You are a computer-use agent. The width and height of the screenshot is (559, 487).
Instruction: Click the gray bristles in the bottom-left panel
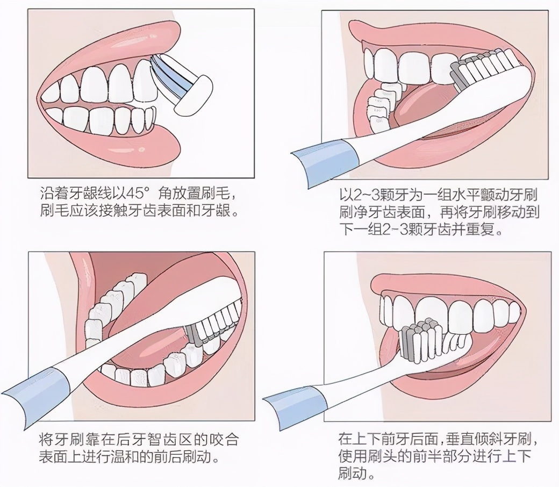pyautogui.click(x=193, y=334)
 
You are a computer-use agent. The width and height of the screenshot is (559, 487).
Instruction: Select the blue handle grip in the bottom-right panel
pyautogui.click(x=297, y=402)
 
